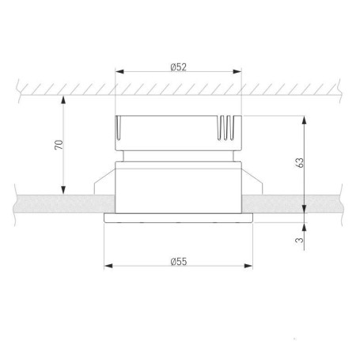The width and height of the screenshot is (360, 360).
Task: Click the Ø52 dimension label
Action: tap(179, 67)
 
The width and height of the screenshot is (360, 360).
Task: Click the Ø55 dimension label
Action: tap(179, 262)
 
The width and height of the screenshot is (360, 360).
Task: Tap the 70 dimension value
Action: tap(59, 145)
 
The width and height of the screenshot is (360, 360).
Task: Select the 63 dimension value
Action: tap(300, 163)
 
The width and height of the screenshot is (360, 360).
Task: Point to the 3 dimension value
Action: tap(300, 240)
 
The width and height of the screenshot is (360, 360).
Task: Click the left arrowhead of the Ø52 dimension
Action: tap(119, 71)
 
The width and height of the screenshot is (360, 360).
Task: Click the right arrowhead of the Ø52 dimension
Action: tap(237, 71)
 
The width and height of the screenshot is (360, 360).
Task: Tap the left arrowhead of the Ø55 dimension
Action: tap(108, 266)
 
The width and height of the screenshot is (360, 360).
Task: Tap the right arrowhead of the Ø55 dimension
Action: tap(248, 266)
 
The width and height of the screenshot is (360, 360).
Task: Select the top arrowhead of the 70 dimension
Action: tap(63, 100)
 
